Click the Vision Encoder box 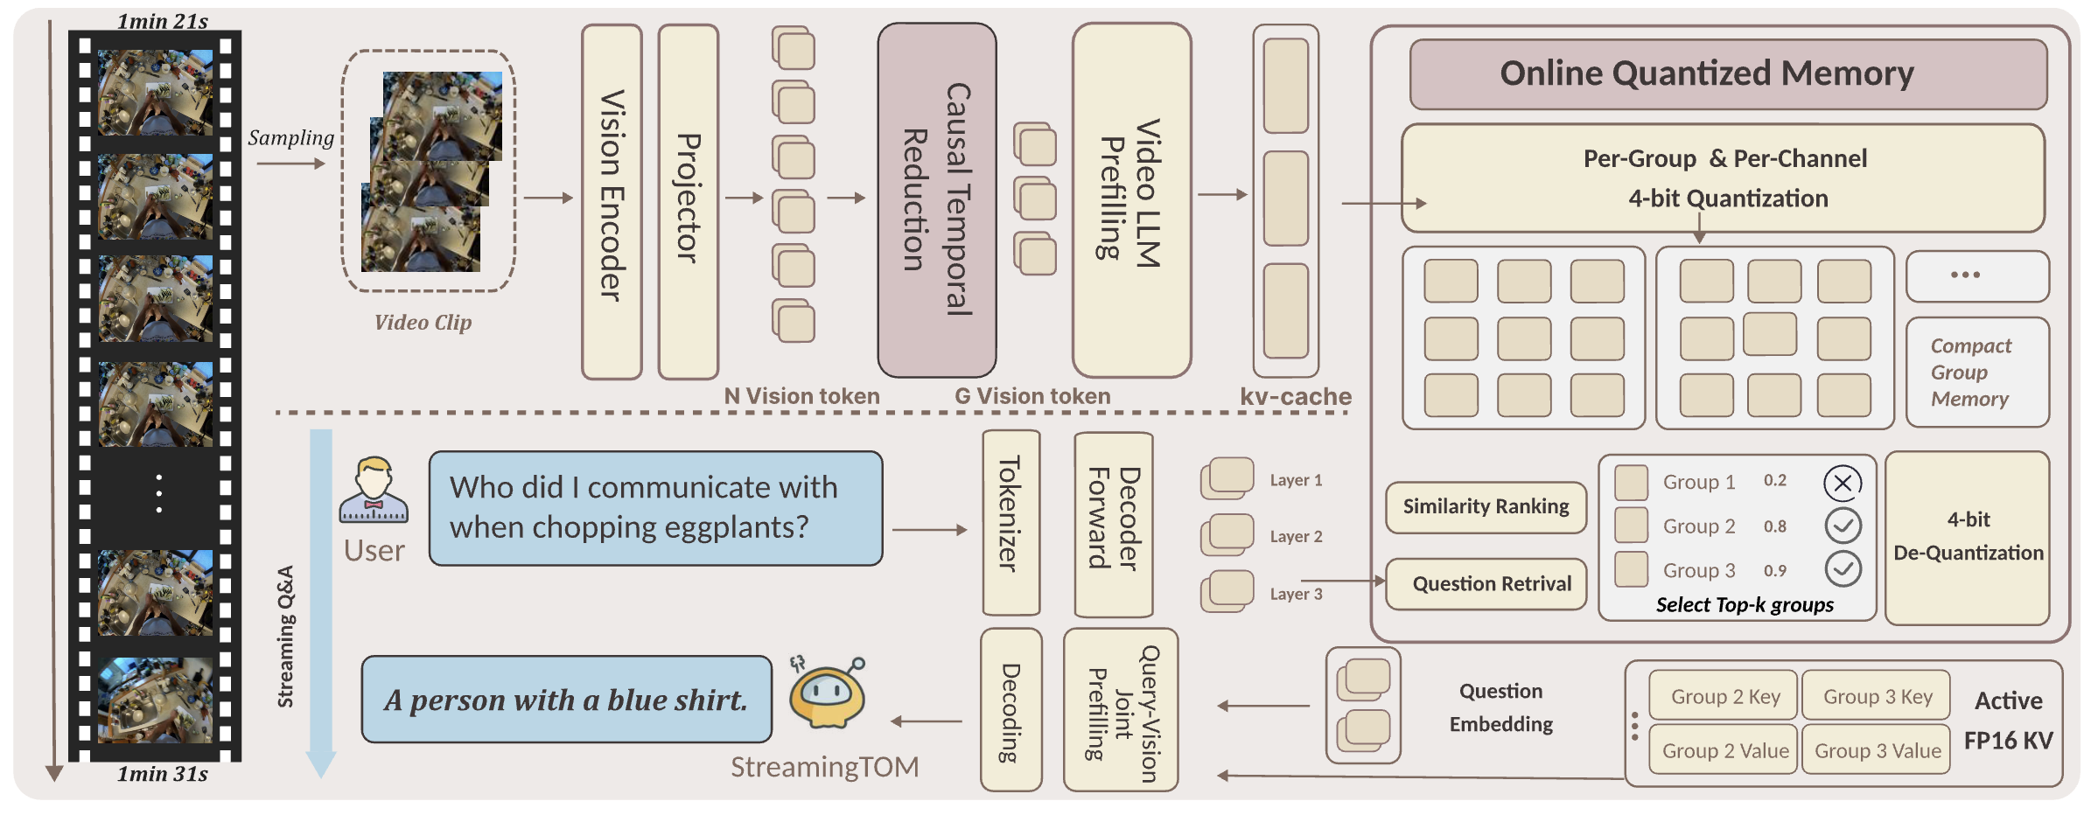pyautogui.click(x=612, y=201)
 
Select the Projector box pyautogui.click(x=689, y=201)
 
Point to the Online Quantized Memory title pyautogui.click(x=1727, y=74)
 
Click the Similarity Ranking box pyautogui.click(x=1486, y=507)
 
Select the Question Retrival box pyautogui.click(x=1486, y=584)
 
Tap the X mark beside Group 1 pyautogui.click(x=1842, y=483)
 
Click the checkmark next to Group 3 pyautogui.click(x=1842, y=569)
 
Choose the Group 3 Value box pyautogui.click(x=1876, y=750)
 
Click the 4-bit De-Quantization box pyautogui.click(x=1967, y=537)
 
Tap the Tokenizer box pyautogui.click(x=1011, y=522)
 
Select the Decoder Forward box pyautogui.click(x=1113, y=523)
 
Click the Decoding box pyautogui.click(x=1011, y=709)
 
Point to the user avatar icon pyautogui.click(x=374, y=491)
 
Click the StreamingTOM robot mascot pyautogui.click(x=827, y=693)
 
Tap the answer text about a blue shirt pyautogui.click(x=566, y=700)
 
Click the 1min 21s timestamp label pyautogui.click(x=163, y=21)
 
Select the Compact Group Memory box pyautogui.click(x=1976, y=373)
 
